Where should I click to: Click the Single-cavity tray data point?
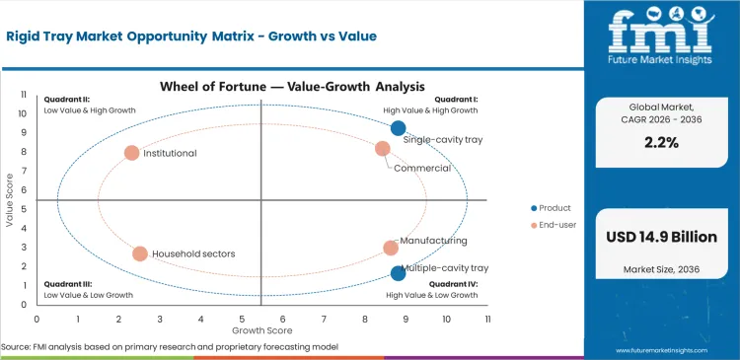pos(398,128)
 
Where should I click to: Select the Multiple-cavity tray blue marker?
pos(398,273)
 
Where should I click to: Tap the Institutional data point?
pos(131,153)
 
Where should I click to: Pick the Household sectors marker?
pos(140,253)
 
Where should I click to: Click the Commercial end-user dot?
pos(383,149)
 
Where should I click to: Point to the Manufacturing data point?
pos(391,249)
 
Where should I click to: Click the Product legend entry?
pos(555,208)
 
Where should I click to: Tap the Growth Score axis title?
pos(261,330)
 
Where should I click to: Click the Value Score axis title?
pos(9,201)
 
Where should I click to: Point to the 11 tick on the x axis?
pos(487,320)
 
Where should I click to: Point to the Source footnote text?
pos(170,347)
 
